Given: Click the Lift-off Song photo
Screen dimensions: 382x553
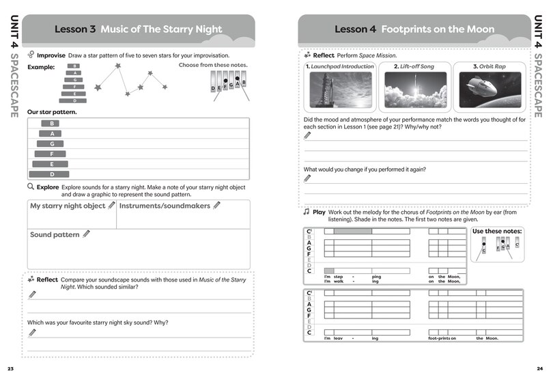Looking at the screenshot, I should (x=416, y=91).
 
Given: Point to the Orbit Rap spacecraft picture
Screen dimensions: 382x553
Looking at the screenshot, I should (x=489, y=91).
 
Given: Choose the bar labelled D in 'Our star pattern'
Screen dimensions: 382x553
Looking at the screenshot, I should (x=52, y=174).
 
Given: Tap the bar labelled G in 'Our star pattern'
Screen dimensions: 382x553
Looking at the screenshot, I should (x=51, y=144).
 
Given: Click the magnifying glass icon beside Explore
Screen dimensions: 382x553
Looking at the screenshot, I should (x=31, y=186).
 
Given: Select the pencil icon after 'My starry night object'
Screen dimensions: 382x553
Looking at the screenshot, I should (x=111, y=205).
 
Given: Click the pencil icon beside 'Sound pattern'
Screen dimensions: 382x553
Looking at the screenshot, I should (x=87, y=234).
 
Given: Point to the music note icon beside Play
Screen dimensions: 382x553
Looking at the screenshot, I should (x=307, y=213).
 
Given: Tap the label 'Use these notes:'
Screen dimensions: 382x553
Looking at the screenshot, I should (x=497, y=232).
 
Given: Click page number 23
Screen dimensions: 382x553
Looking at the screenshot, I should (x=10, y=369).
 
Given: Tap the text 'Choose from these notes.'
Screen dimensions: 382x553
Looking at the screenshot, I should (x=213, y=65).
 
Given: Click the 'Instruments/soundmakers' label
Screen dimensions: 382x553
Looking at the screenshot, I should (x=165, y=205).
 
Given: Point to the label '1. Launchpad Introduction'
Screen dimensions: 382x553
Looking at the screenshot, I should (x=340, y=66).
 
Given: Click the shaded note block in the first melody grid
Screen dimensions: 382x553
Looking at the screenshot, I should (x=353, y=231).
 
